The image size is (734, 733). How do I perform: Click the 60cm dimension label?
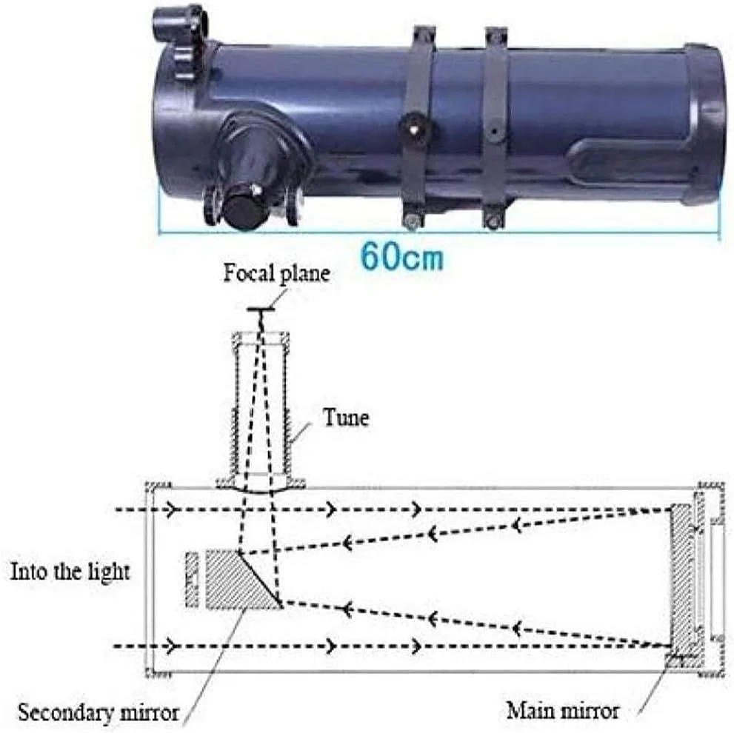[x=401, y=256]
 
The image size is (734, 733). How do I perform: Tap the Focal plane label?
[x=277, y=273]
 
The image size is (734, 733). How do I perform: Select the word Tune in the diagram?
[x=346, y=417]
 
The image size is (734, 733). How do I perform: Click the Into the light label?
[x=70, y=572]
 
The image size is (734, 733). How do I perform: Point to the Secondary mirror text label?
[x=99, y=712]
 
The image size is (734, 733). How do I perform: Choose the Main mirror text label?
[x=562, y=711]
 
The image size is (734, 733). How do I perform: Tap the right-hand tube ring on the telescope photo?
[x=494, y=127]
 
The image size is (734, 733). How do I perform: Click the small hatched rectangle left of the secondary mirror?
[x=192, y=580]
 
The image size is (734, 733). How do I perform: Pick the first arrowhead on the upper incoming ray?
[x=172, y=509]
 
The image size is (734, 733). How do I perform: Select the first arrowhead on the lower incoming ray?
[x=172, y=646]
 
